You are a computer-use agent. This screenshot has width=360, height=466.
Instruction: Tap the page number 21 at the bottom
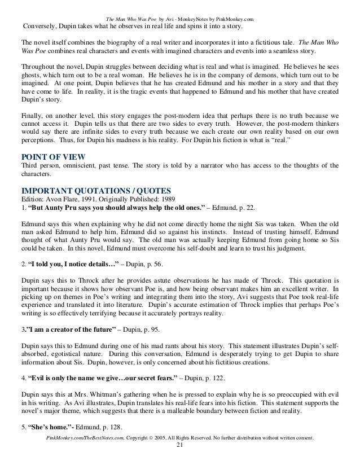pos(180,459)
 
